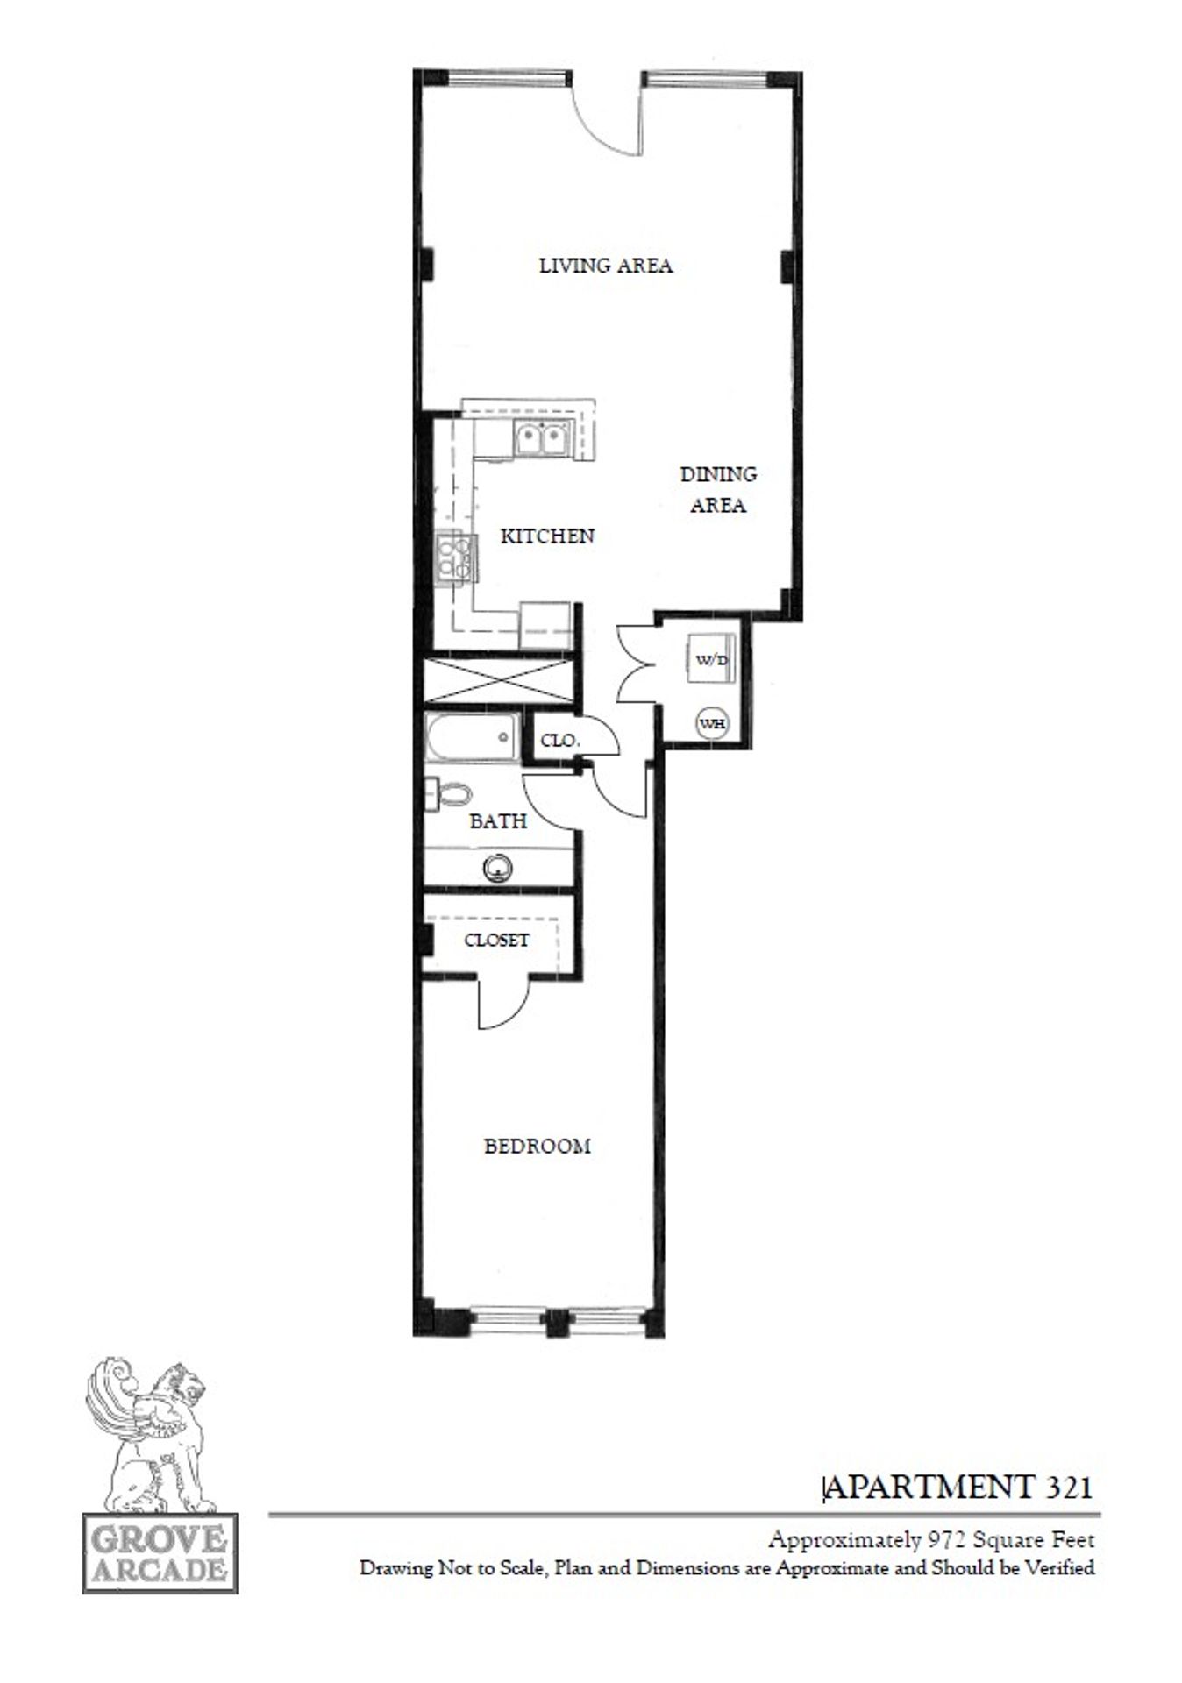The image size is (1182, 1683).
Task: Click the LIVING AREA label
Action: coord(605,265)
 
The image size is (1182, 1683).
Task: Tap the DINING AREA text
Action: coord(718,489)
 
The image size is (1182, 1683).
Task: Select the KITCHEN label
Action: coord(547,536)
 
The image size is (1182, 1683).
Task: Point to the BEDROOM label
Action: coord(538,1146)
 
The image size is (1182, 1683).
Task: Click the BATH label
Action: coord(498,821)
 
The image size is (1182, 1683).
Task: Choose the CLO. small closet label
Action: coord(559,741)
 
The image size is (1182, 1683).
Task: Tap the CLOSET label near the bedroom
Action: coord(496,940)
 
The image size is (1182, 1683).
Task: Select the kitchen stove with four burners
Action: coord(456,557)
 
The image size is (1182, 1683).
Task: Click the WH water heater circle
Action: coord(712,724)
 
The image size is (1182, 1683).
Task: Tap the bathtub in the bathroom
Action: coord(472,737)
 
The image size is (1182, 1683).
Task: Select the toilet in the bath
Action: coord(452,795)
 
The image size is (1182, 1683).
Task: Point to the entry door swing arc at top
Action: coord(605,123)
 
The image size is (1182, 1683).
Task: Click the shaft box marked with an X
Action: coord(497,680)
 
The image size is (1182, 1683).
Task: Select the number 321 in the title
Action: coord(1067,1487)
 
